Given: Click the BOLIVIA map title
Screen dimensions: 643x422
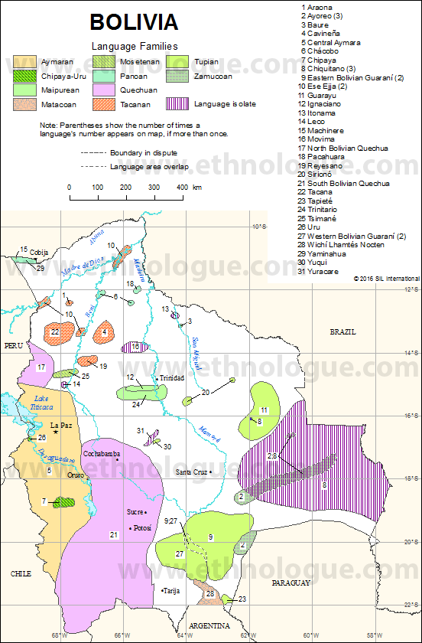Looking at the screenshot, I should point(134,21).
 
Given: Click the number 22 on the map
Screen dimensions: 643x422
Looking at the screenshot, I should point(55,331).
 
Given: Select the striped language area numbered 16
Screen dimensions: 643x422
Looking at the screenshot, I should point(135,347).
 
